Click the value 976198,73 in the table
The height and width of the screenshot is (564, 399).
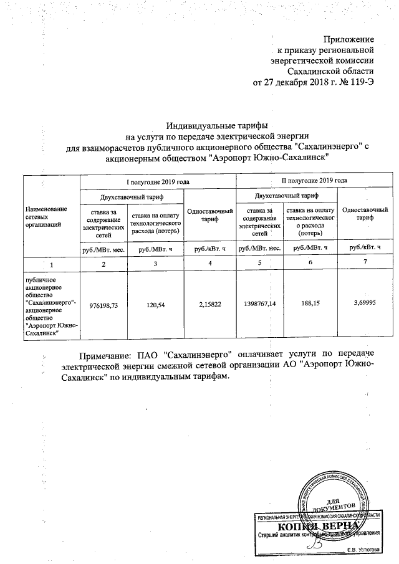103,306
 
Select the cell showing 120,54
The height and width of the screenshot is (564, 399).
154,306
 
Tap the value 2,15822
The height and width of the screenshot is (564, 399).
210,306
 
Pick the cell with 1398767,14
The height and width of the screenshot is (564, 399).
259,306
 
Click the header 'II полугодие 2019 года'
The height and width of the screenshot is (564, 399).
314,181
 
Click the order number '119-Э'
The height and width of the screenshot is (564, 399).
361,82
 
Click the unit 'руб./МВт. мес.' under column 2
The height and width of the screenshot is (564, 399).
103,248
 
